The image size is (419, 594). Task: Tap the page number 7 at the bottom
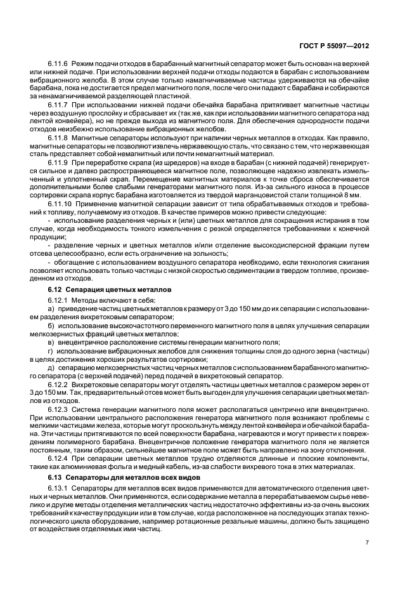[x=368, y=542]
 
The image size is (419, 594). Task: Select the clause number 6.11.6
[x=59, y=65]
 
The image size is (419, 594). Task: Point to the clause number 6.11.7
[x=59, y=103]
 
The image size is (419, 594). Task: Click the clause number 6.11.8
[x=59, y=136]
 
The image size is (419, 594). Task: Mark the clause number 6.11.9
[x=59, y=162]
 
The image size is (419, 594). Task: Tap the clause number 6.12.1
[x=59, y=300]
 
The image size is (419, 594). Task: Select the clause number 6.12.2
[x=59, y=384]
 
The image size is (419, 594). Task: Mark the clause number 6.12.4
[x=59, y=458]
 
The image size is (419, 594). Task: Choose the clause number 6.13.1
[x=59, y=487]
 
